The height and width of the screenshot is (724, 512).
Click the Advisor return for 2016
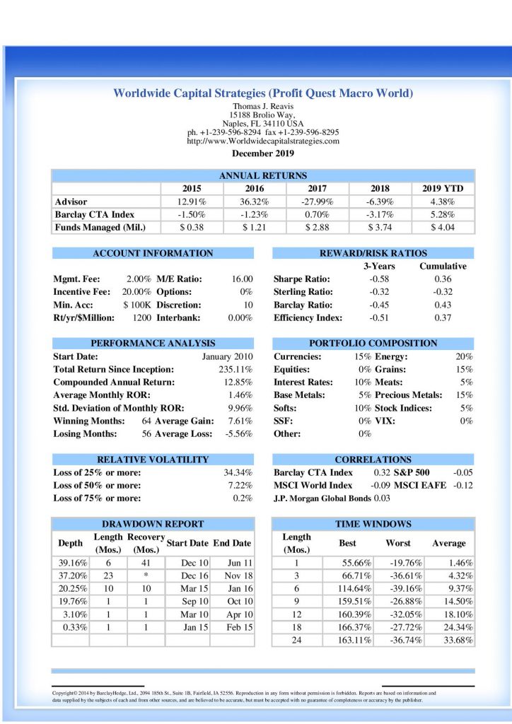click(x=255, y=202)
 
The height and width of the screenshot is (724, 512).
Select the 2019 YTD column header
click(x=442, y=189)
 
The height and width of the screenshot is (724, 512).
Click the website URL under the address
click(x=262, y=141)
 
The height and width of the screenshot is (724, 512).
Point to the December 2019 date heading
click(x=262, y=153)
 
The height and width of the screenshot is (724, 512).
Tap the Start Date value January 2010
click(x=227, y=356)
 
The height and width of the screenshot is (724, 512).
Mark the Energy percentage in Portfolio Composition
click(x=464, y=356)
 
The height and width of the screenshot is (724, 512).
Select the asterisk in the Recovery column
click(x=145, y=576)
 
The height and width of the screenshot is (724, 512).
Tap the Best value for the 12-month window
click(x=347, y=614)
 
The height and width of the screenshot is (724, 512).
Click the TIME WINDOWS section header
click(x=373, y=524)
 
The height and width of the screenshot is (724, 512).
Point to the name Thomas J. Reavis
click(x=262, y=107)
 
